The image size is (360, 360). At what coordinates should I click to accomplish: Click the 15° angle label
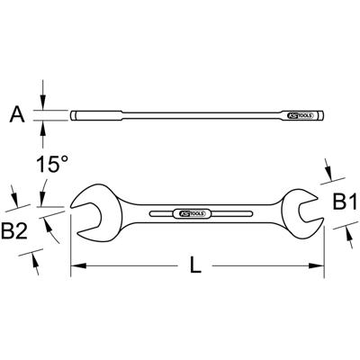(50, 165)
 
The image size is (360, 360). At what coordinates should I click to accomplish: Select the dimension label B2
(14, 232)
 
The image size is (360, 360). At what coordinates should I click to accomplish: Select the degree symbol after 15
(65, 158)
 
